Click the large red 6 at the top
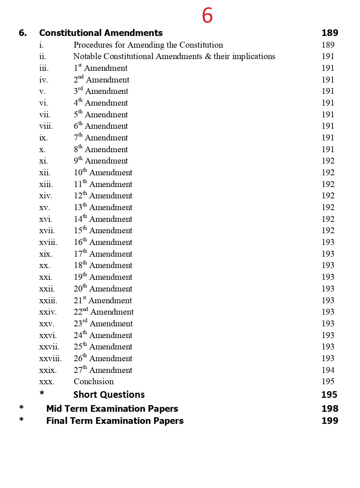click(x=207, y=15)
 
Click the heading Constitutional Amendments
click(x=101, y=33)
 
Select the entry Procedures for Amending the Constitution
click(x=148, y=45)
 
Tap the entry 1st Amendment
click(x=100, y=68)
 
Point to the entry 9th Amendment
click(x=101, y=161)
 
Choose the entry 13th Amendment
click(x=103, y=208)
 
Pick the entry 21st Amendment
click(x=102, y=301)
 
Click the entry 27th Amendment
click(x=103, y=370)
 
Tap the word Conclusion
click(x=94, y=382)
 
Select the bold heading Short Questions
click(x=109, y=395)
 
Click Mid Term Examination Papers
click(x=112, y=409)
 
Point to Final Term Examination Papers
click(x=114, y=421)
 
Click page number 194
click(x=328, y=370)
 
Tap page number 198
click(x=330, y=409)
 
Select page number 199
click(x=330, y=421)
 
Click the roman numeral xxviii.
click(x=50, y=359)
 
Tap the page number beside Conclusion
click(x=328, y=382)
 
